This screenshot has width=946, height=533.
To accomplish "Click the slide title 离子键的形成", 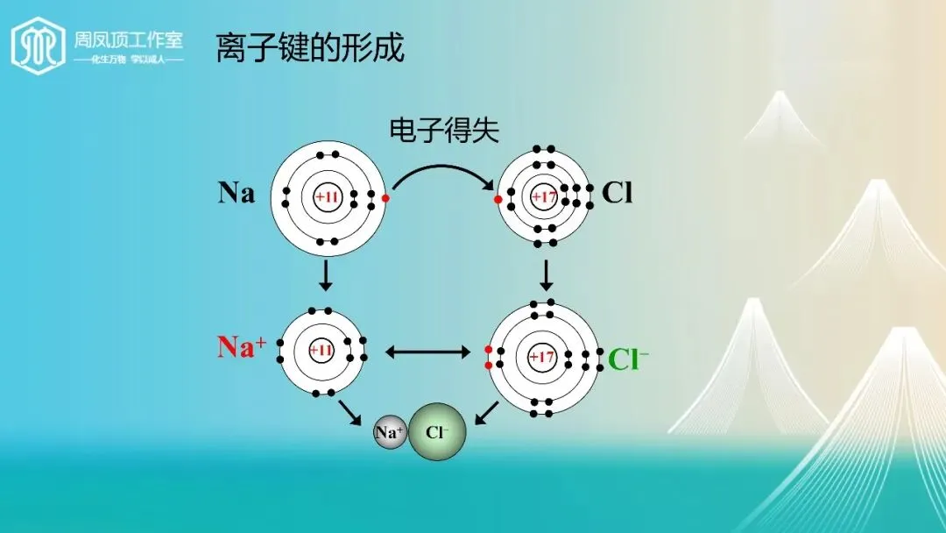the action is pos(310,48).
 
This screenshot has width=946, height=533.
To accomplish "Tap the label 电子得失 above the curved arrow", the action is pos(444,131).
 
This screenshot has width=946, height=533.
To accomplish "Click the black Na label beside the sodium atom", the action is pos(236,193).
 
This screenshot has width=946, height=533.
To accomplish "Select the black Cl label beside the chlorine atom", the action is pos(617,193).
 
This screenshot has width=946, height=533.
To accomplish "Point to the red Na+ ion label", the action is pos(242,348).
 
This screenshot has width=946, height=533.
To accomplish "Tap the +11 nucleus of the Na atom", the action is pos(327,197).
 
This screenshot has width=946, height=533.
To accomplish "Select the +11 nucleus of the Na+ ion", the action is pos(321,351).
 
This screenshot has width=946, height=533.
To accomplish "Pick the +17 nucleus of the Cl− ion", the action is pos(542,358).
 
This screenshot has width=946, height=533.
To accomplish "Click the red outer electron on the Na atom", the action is pos(385,198).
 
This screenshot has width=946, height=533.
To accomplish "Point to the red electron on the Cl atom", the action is pos(498,200).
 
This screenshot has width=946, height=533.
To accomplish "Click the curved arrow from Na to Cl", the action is pos(442,169).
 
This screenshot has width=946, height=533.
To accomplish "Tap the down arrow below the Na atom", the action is pos(326,276).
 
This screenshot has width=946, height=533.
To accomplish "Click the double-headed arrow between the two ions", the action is pos(428,352).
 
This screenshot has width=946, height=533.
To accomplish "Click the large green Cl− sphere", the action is pos(437,432).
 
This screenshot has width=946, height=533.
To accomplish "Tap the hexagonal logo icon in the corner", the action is pos(38,46).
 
